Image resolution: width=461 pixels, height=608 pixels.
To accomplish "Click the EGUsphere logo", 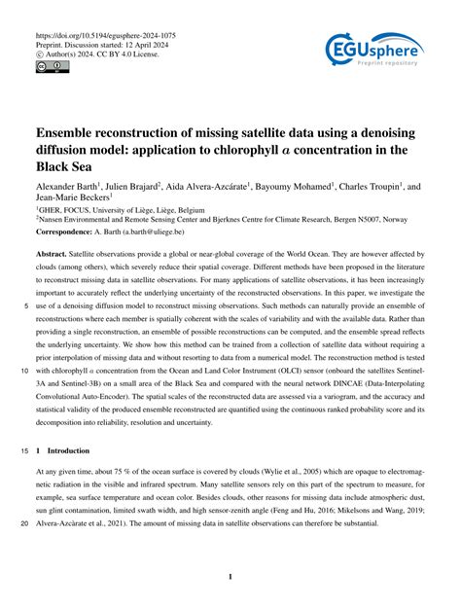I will point(375,52).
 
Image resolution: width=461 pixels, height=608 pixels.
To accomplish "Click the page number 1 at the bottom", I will point(230,577).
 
